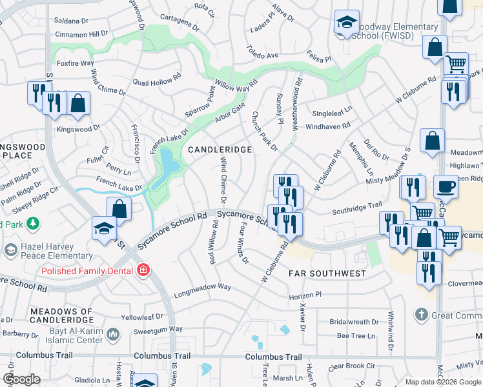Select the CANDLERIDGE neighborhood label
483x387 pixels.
coord(220,150)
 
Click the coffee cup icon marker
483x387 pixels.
coord(445,187)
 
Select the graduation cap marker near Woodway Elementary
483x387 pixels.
coord(347,23)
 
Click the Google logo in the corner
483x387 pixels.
coord(21,379)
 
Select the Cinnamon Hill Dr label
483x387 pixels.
coord(81,33)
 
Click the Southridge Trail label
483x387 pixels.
coord(357,208)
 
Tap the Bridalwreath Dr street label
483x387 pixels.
coord(354,322)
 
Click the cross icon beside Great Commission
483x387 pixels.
coord(422,315)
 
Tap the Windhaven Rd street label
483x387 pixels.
coord(328,126)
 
